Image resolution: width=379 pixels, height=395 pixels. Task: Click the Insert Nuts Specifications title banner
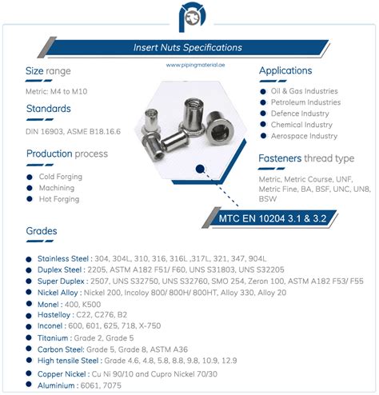click(x=189, y=47)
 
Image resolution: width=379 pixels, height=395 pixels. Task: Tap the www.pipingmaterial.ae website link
click(x=189, y=66)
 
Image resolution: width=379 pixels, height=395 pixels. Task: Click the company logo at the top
click(x=189, y=17)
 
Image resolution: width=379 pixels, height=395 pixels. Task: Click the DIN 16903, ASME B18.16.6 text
click(x=73, y=130)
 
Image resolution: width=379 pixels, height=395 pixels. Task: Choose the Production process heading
click(x=67, y=154)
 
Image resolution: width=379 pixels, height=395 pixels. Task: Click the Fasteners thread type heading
click(x=306, y=158)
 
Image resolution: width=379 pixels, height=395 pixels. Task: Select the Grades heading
click(x=42, y=232)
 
